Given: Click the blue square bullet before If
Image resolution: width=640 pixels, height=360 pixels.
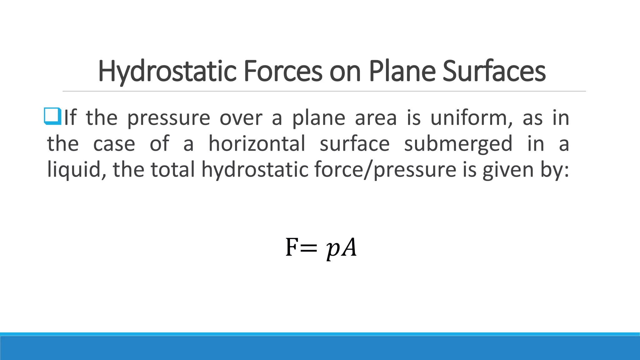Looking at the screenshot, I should click(52, 116).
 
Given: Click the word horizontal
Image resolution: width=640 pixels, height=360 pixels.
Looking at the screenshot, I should click(257, 144).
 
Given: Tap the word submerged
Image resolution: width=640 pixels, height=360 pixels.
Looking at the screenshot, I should click(458, 144).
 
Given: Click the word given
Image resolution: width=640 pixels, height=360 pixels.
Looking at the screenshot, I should click(507, 170).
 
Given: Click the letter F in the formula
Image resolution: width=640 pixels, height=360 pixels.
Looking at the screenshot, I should click(292, 247).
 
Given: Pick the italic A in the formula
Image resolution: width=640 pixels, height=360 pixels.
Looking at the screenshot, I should click(348, 247).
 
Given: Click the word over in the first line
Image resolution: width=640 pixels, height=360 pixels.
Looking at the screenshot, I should click(241, 118).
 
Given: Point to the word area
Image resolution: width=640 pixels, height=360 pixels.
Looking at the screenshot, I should click(376, 118).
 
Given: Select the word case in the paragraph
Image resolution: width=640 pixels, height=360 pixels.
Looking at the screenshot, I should click(114, 144).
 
